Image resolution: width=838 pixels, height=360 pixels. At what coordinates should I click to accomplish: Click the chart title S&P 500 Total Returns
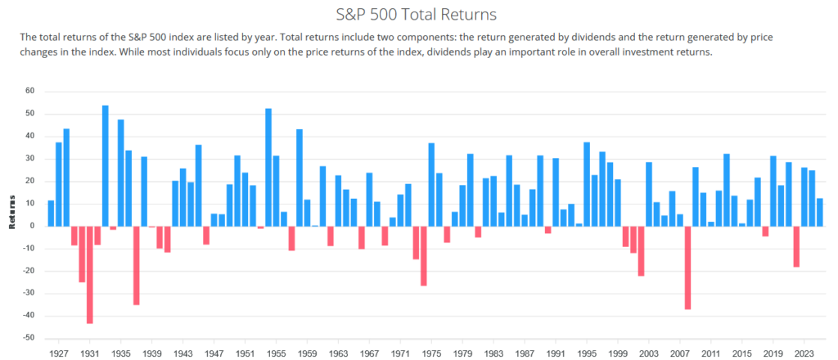click(418, 14)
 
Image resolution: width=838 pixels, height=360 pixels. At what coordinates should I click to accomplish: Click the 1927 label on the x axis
click(59, 353)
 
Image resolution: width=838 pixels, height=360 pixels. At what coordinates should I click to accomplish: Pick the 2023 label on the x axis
click(804, 353)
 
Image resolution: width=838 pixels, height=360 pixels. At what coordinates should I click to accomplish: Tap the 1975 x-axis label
click(431, 353)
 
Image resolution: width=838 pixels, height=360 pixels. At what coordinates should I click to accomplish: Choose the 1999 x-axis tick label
click(618, 353)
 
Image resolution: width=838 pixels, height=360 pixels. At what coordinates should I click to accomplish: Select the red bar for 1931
click(90, 274)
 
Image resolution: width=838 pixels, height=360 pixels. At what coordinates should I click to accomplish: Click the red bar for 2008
click(687, 268)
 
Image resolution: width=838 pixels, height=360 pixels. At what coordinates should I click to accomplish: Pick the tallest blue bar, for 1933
click(106, 165)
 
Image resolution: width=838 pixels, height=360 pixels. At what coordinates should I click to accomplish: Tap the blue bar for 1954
click(268, 167)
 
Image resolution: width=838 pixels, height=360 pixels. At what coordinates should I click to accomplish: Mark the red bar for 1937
click(136, 265)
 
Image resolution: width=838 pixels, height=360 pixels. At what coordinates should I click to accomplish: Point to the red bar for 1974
click(424, 255)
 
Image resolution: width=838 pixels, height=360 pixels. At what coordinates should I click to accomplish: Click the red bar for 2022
click(796, 246)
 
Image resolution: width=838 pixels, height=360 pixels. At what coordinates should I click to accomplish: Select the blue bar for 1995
click(587, 184)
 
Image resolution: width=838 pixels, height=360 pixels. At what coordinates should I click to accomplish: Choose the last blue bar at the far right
click(819, 212)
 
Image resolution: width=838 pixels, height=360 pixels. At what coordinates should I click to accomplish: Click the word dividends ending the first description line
click(430, 38)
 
